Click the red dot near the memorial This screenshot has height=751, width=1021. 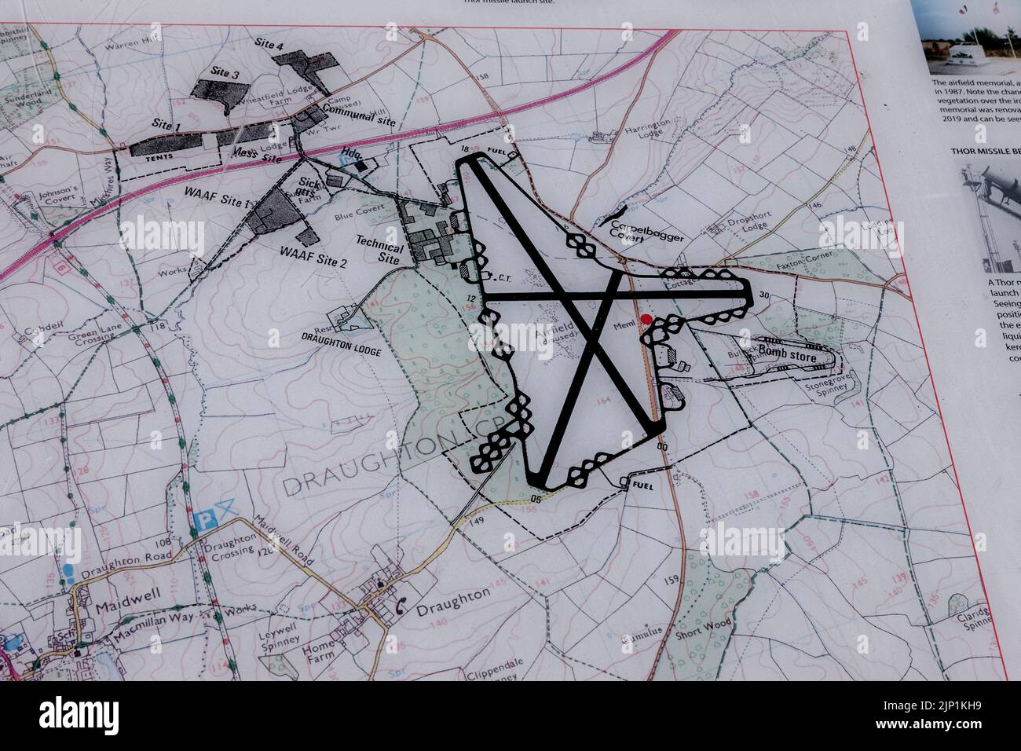(646, 319)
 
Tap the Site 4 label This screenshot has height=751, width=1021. (270, 46)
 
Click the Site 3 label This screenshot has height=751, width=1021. (224, 72)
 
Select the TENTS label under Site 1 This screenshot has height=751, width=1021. (159, 157)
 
